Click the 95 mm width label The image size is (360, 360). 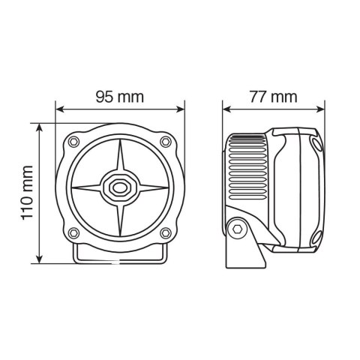[x=119, y=97]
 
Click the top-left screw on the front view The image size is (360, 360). [x=73, y=142]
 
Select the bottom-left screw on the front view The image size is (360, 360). [x=73, y=231]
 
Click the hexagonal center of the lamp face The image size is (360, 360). [x=119, y=187]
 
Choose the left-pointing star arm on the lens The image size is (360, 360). [x=88, y=187]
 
